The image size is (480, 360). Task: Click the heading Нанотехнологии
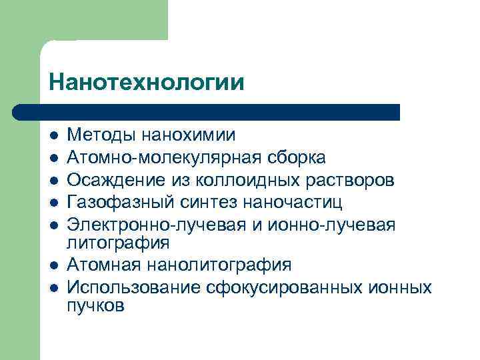146,82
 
